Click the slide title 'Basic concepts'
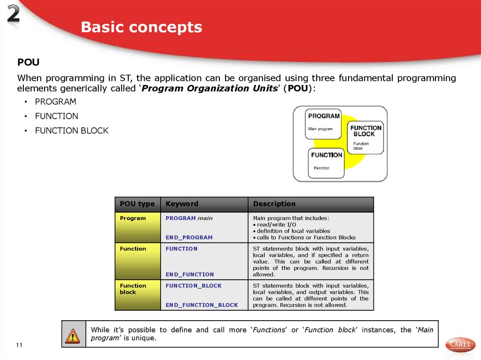pos(141,27)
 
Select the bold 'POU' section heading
pos(28,62)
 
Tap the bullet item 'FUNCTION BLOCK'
pos(71,130)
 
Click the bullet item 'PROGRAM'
pos(55,101)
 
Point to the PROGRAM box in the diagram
pos(324,124)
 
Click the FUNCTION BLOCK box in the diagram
pos(365,137)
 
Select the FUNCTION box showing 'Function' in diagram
pos(326,162)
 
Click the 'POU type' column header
pos(137,204)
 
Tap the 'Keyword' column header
pos(182,204)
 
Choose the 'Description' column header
pos(274,204)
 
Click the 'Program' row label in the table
pos(133,218)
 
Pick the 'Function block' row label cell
pos(133,289)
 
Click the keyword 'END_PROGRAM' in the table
pos(189,237)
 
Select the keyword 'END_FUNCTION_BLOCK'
pos(202,305)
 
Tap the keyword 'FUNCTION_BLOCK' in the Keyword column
pos(194,285)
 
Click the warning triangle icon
pos(73,336)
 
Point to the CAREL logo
pos(460,344)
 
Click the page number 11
pos(19,345)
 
